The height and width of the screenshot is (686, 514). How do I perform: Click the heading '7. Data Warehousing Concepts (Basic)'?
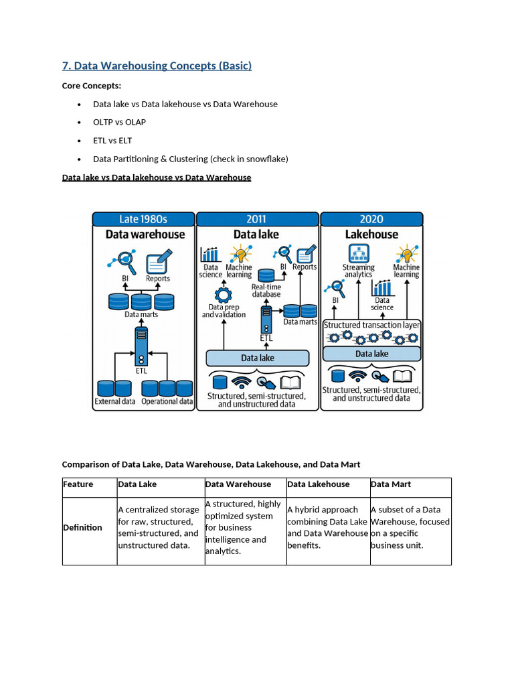[157, 66]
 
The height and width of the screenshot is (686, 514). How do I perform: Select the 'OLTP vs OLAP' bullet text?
[119, 123]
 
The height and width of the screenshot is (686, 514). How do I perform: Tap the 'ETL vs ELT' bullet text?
[112, 141]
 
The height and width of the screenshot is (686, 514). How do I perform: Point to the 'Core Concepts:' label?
[92, 86]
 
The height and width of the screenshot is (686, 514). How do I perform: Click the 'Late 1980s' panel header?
[143, 219]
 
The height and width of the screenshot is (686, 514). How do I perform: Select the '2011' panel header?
[256, 219]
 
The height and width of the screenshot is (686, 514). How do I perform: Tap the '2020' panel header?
[371, 219]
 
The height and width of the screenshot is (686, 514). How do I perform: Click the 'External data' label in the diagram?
[115, 402]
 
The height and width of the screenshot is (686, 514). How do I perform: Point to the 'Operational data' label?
[167, 402]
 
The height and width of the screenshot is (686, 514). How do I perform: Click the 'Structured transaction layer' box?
[371, 325]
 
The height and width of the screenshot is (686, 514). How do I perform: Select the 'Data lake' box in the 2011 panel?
[258, 358]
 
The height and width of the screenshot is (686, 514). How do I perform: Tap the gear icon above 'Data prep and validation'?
[223, 295]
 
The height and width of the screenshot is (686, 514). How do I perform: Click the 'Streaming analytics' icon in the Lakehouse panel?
[358, 253]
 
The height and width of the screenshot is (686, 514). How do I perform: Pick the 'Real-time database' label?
[266, 290]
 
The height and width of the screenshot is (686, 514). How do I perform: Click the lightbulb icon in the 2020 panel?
[406, 254]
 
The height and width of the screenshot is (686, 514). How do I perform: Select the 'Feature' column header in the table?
[78, 484]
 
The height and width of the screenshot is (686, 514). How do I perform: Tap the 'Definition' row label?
[82, 527]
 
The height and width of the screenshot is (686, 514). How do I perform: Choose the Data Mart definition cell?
[410, 527]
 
